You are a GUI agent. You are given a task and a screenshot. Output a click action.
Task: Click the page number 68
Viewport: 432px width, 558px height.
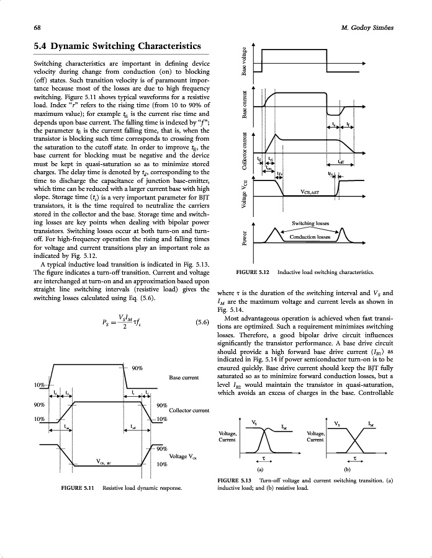click(37, 28)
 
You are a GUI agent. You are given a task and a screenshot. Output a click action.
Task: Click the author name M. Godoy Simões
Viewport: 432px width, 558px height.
click(367, 28)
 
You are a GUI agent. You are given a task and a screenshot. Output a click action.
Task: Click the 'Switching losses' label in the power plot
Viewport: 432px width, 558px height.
click(310, 223)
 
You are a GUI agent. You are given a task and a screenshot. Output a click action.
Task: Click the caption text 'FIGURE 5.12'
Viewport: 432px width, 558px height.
click(253, 272)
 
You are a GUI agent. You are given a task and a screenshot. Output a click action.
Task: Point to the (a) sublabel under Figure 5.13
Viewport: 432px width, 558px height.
click(260, 469)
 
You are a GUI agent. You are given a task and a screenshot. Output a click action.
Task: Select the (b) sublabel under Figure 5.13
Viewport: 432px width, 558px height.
click(347, 469)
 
